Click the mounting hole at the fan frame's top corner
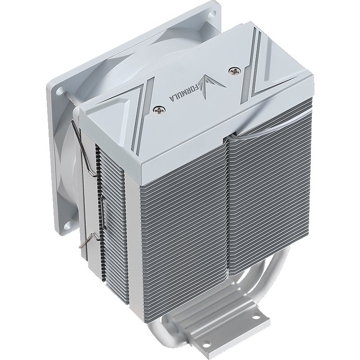pyautogui.click(x=214, y=13)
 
